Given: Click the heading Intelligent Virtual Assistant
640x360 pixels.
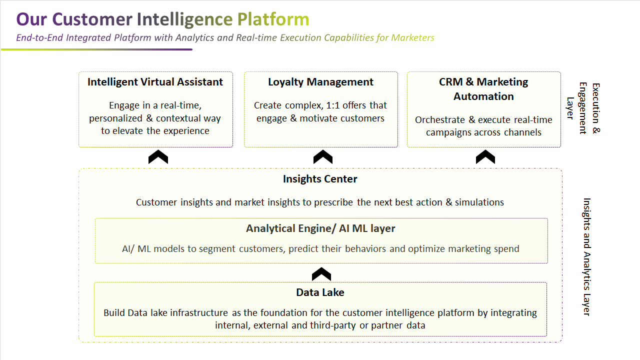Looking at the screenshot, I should pyautogui.click(x=155, y=82).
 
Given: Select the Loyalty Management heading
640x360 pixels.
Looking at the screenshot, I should pyautogui.click(x=320, y=82).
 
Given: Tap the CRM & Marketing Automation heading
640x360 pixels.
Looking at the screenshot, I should pyautogui.click(x=483, y=89).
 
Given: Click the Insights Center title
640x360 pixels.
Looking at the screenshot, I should pyautogui.click(x=320, y=179).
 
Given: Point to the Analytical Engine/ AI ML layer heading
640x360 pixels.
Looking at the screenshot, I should pyautogui.click(x=320, y=228).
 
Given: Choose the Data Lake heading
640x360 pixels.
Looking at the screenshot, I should pyautogui.click(x=320, y=292).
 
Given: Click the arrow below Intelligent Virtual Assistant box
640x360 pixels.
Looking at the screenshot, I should pyautogui.click(x=158, y=157).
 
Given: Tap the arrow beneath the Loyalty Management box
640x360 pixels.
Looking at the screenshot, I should pyautogui.click(x=322, y=157).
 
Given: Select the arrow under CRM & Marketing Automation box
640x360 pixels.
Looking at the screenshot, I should pyautogui.click(x=485, y=157).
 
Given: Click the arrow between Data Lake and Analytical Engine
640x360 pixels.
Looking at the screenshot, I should pyautogui.click(x=321, y=274).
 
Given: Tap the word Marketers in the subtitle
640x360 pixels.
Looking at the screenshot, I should pyautogui.click(x=412, y=37).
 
